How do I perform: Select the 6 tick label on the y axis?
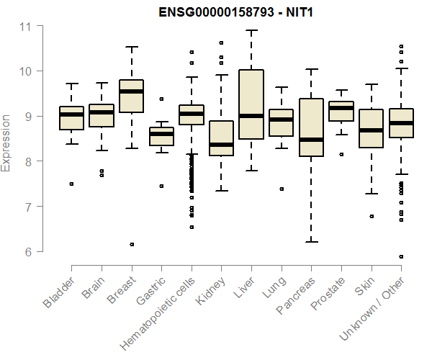point(27,252)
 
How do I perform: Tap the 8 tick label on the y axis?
point(27,161)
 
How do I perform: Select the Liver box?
point(251,104)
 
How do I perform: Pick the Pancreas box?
point(311,127)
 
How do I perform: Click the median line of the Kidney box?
point(221,145)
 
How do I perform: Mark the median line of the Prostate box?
point(341,108)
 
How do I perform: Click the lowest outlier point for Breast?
point(131,245)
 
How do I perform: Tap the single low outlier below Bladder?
point(71,184)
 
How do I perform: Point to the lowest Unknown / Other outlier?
point(401,256)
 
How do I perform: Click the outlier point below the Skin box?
point(371,216)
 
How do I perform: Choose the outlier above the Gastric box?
point(161,99)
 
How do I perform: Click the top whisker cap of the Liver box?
point(251,30)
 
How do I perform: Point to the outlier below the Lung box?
point(281,189)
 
